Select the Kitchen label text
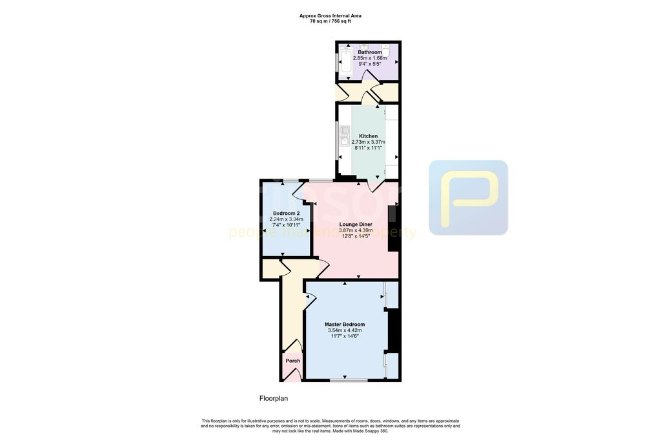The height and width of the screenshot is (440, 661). pyautogui.click(x=368, y=136)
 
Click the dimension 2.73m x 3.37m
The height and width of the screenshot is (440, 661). pyautogui.click(x=368, y=142)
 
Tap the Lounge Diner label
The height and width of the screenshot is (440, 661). pyautogui.click(x=356, y=224)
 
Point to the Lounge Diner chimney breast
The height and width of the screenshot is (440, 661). pyautogui.click(x=392, y=228)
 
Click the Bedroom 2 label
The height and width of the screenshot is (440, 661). pyautogui.click(x=286, y=213)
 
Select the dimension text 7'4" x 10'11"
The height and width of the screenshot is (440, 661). pyautogui.click(x=286, y=225)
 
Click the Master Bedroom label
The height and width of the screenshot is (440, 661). pyautogui.click(x=344, y=325)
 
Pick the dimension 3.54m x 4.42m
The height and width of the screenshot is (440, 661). pyautogui.click(x=344, y=330)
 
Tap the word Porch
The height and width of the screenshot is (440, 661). pyautogui.click(x=293, y=361)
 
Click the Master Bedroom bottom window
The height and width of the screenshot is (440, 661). pyautogui.click(x=345, y=380)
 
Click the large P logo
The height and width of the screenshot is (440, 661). pyautogui.click(x=469, y=197)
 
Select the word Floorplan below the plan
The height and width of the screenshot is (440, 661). pyautogui.click(x=274, y=399)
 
